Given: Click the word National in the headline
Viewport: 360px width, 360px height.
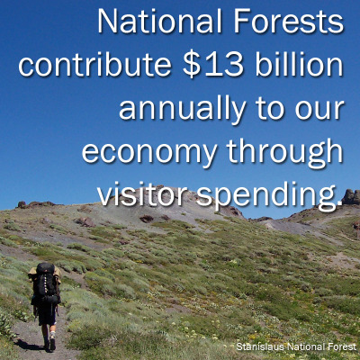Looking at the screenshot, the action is (159, 22).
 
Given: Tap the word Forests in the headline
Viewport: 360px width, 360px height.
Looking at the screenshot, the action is (289, 22).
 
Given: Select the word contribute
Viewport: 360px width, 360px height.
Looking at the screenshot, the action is (94, 65).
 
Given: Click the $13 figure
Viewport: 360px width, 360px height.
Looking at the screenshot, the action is (212, 65).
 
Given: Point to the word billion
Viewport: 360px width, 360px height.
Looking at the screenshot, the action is (300, 65).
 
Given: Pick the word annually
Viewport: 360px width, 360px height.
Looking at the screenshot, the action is (183, 110).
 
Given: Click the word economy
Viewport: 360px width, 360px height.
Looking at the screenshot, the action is (149, 153).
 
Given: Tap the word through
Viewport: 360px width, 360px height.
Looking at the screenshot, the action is (285, 152).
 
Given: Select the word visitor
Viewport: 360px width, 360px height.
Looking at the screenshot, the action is (142, 195).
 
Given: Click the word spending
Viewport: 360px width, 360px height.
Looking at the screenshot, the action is (269, 196).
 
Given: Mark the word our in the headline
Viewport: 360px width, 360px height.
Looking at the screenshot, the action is (319, 110).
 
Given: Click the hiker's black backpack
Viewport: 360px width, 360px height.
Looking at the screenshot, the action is (45, 282).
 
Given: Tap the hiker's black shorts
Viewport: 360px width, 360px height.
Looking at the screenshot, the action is (47, 312).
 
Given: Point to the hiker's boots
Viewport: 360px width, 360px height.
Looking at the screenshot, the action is (49, 343).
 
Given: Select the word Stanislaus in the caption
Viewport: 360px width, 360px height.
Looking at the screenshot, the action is (260, 346).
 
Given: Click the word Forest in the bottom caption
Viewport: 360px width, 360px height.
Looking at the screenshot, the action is (341, 346).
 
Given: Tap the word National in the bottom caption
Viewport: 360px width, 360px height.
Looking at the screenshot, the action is (305, 346).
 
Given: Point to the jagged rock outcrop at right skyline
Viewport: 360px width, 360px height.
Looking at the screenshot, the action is (351, 197).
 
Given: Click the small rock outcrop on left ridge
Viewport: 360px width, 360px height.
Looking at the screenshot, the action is (22, 204).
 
